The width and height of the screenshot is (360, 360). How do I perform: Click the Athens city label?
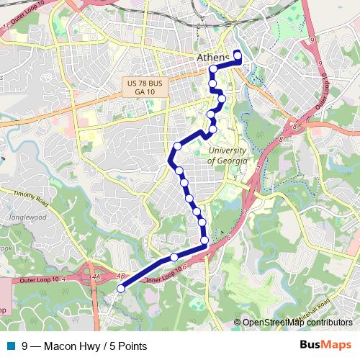[212, 58]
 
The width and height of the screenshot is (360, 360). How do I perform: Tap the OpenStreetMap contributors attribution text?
[297, 323]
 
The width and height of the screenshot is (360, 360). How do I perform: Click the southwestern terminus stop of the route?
[120, 289]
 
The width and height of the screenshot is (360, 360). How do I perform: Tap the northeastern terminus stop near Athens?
[238, 53]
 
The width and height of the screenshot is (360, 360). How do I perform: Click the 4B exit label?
[120, 274]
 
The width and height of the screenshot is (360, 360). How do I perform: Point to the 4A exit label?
[96, 274]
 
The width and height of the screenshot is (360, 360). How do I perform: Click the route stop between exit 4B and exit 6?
[174, 257]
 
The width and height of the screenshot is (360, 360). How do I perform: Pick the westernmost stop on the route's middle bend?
[172, 161]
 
